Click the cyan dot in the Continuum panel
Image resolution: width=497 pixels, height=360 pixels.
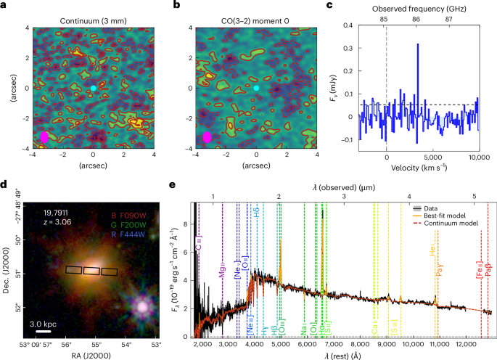pyautogui.click(x=93, y=88)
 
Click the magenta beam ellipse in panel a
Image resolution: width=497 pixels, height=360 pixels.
pyautogui.click(x=44, y=136)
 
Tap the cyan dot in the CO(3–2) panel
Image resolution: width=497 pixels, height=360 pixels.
pyautogui.click(x=256, y=88)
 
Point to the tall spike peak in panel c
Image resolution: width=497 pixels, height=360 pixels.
pyautogui.click(x=418, y=45)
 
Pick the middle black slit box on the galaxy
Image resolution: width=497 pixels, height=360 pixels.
pyautogui.click(x=92, y=271)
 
